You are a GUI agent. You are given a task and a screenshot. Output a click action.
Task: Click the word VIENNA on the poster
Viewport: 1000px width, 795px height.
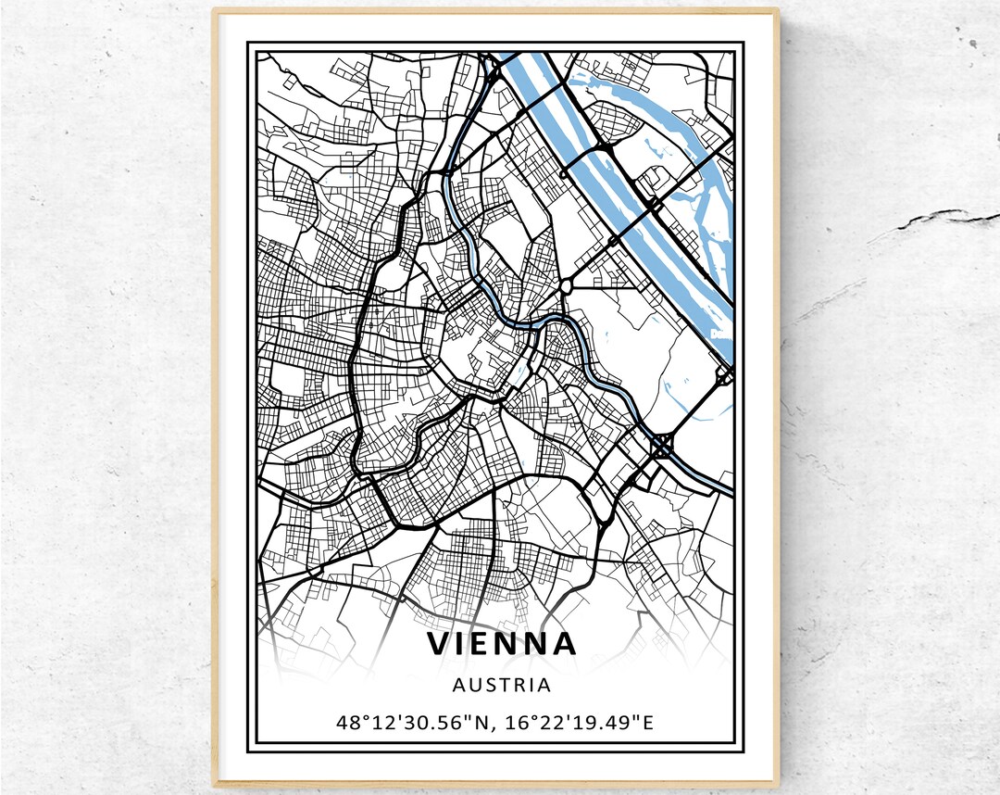point(502,643)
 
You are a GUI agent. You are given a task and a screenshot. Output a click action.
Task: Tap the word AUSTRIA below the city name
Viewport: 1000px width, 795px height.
point(502,686)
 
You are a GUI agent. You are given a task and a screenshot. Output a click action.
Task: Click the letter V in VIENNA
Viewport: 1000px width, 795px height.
point(439,643)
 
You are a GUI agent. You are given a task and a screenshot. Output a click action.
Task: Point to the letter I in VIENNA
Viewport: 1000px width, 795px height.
point(461,643)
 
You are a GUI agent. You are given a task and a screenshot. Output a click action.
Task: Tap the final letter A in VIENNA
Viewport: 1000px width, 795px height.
point(564,643)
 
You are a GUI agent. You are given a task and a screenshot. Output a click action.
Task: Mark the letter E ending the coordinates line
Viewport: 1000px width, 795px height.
point(648,722)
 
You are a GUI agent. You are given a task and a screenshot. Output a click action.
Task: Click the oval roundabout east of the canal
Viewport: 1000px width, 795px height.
point(564,286)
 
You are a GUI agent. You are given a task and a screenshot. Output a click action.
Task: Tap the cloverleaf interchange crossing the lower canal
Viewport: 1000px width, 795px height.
point(662,448)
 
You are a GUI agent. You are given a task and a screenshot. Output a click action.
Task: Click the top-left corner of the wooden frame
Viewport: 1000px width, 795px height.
point(215,12)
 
